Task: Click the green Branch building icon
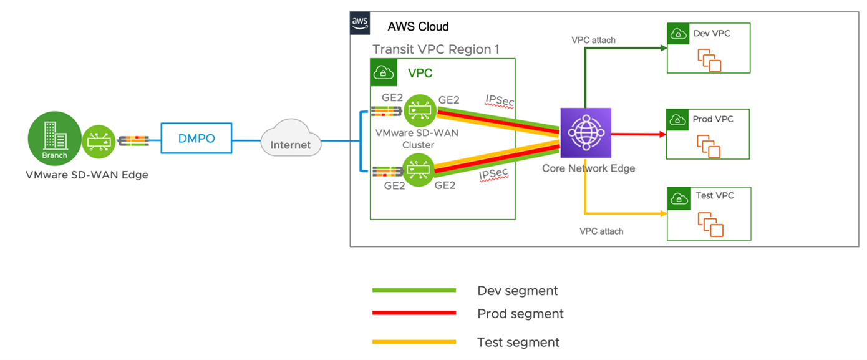pos(54,138)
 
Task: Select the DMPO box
pos(197,139)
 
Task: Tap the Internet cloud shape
pos(290,142)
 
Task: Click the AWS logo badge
pos(360,23)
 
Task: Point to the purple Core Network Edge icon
pos(586,133)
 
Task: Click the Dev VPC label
pos(712,33)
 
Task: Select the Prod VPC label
pos(713,119)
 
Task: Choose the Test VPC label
pos(714,195)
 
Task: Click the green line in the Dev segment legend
pos(414,291)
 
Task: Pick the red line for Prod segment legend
pos(414,313)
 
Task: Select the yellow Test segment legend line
pos(414,342)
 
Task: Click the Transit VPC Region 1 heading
pos(435,49)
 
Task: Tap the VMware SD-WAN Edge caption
pos(87,175)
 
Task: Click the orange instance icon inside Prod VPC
pos(708,147)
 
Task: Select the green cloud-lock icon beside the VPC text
pos(384,72)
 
